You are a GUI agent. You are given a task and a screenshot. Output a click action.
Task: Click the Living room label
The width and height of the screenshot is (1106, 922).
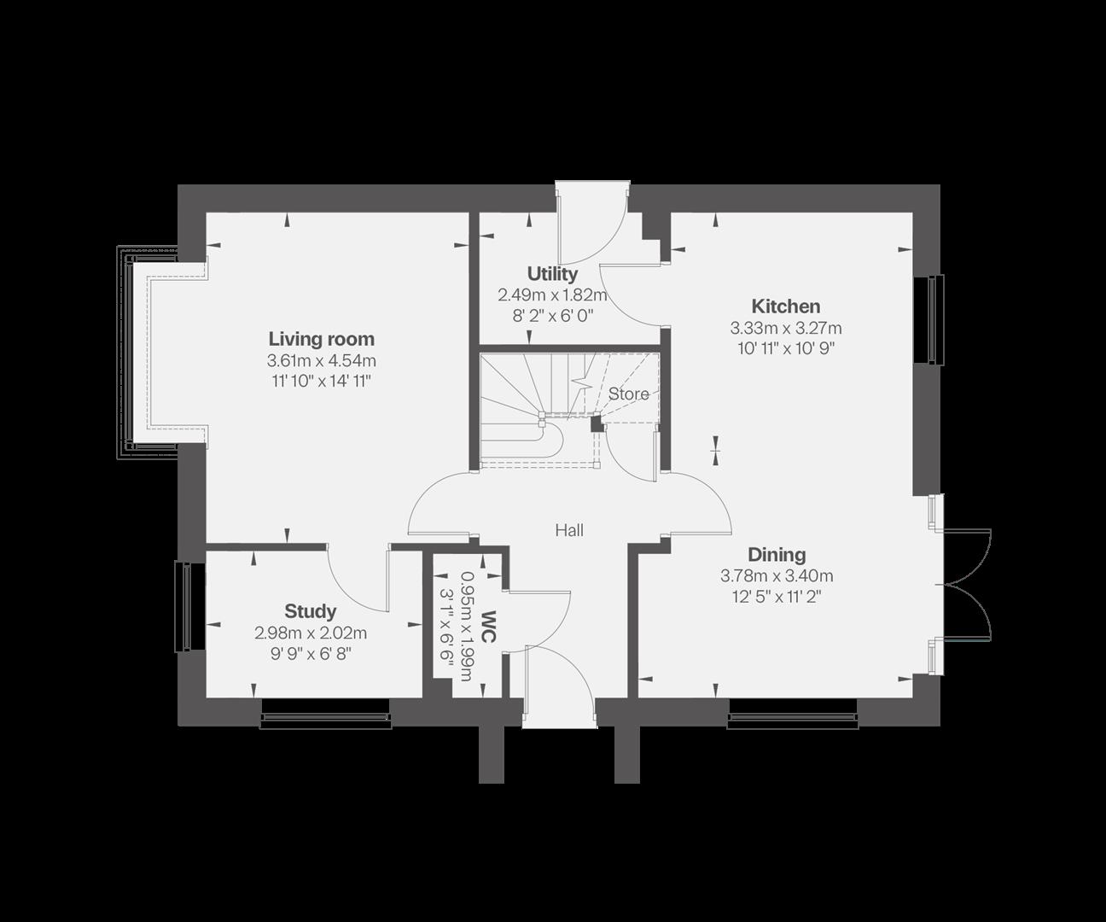[x=321, y=339]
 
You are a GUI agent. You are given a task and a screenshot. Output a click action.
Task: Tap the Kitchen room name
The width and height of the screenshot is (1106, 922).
[x=785, y=306]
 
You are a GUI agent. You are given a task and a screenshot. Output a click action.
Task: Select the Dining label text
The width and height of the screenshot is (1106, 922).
[x=777, y=555]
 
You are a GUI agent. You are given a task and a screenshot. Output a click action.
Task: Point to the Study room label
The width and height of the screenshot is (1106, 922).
[x=310, y=611]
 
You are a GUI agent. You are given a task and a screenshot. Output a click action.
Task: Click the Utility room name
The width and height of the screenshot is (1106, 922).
[x=552, y=274]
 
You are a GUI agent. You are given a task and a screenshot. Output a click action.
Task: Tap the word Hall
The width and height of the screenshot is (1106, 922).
[x=569, y=530]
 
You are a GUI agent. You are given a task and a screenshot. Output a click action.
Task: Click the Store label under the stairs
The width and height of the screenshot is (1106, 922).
[x=628, y=394]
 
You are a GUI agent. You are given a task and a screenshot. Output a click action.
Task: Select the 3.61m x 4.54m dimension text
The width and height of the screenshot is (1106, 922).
[x=321, y=360]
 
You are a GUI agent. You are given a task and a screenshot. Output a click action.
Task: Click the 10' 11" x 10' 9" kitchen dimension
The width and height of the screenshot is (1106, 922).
[x=785, y=348]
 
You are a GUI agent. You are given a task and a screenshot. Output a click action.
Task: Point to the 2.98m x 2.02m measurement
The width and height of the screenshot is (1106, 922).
[x=310, y=633]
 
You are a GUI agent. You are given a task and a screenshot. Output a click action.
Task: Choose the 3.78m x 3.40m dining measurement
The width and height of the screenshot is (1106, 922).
[x=777, y=576]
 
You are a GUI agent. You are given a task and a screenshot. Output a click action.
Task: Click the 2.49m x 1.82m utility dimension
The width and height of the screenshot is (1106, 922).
[x=552, y=295]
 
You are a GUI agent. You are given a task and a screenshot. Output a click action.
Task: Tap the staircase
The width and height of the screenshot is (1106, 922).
[x=533, y=410]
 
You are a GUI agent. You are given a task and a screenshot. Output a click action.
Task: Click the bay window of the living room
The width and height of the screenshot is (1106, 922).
[x=137, y=351]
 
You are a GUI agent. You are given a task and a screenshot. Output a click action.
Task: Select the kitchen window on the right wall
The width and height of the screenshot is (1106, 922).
[x=931, y=319]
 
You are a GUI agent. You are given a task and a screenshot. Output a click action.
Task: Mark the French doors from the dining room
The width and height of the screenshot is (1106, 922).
[x=964, y=585]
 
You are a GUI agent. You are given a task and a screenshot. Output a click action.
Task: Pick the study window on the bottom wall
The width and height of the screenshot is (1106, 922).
[x=325, y=715]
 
